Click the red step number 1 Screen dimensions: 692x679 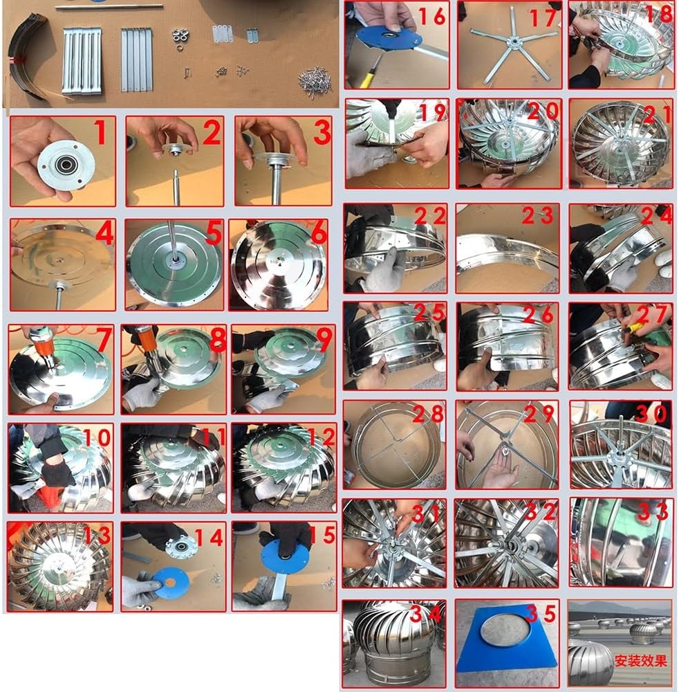pyautogui.click(x=100, y=133)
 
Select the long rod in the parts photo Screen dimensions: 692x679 pyautogui.click(x=108, y=6)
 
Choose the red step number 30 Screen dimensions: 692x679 pyautogui.click(x=651, y=414)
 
